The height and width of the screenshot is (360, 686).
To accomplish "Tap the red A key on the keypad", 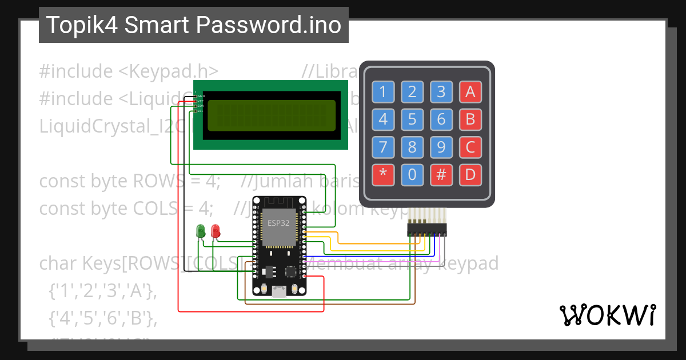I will click(x=470, y=91).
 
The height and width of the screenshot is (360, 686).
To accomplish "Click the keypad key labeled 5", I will click(x=412, y=119).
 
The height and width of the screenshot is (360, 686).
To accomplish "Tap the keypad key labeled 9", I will click(x=441, y=147).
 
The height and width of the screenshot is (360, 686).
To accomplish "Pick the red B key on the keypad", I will click(x=470, y=119).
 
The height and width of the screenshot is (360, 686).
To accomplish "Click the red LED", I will click(x=216, y=230).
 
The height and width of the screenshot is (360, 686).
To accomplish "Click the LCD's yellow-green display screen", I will click(x=271, y=115).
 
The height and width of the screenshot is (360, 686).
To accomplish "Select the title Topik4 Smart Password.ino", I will click(x=193, y=25).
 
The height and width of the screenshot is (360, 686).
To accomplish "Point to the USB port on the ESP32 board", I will click(x=279, y=292).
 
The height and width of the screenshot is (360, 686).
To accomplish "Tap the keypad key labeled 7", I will click(x=383, y=147).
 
